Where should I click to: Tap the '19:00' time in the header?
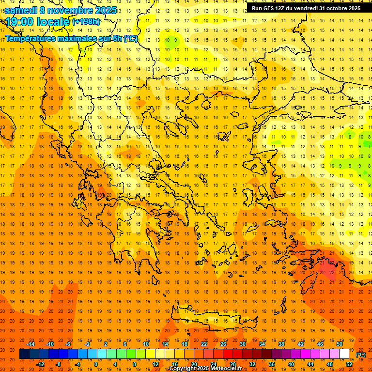click(19, 22)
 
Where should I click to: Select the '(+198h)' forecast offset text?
click(86, 22)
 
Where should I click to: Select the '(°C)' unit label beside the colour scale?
click(360, 355)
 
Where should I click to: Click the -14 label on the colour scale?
click(31, 344)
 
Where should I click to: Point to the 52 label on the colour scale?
click(349, 364)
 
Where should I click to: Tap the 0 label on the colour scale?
click(95, 364)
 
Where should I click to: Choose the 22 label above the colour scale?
click(204, 344)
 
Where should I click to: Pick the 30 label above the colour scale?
click(243, 344)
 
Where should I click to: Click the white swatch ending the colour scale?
click(344, 354)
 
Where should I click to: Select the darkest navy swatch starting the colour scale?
click(24, 354)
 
